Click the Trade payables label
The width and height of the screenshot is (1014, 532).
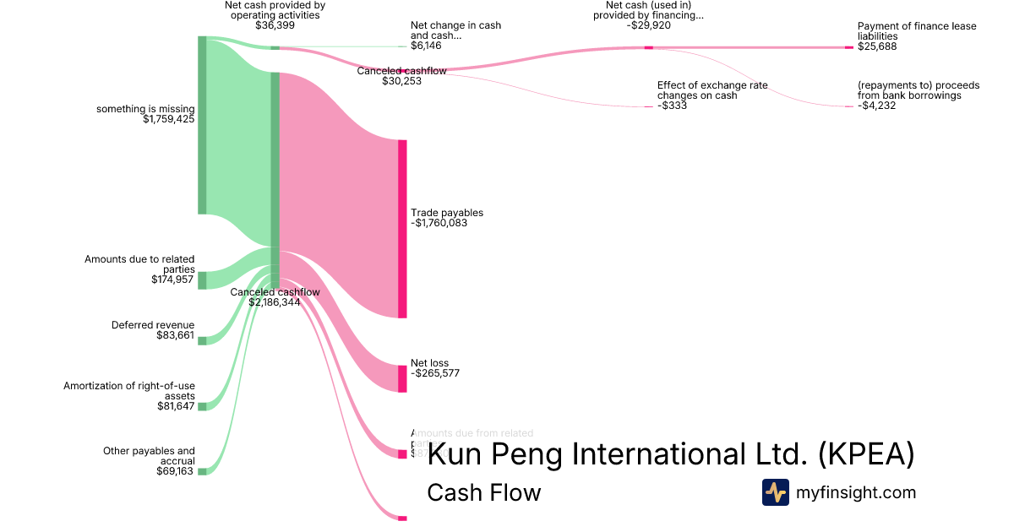click(x=446, y=213)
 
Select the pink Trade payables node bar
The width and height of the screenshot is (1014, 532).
click(x=402, y=228)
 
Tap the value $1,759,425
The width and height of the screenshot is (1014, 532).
click(x=169, y=120)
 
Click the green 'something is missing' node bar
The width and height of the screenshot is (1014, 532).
click(x=202, y=125)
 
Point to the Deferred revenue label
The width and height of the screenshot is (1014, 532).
click(x=153, y=325)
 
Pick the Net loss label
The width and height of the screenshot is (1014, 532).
click(x=429, y=363)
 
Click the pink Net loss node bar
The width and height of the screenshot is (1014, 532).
click(x=402, y=378)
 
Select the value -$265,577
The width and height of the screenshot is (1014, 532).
click(x=434, y=373)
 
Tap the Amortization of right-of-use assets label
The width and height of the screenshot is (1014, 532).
click(x=129, y=391)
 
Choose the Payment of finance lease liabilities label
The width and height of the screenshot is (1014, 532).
click(x=904, y=31)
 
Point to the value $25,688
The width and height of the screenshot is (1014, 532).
click(x=877, y=46)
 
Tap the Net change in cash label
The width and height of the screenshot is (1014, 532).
click(x=455, y=30)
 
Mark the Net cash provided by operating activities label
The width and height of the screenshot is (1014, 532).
click(x=275, y=9)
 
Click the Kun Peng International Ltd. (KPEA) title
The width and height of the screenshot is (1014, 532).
click(x=671, y=454)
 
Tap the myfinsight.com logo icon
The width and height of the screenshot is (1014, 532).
click(x=775, y=492)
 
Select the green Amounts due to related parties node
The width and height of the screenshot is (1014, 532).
click(x=202, y=280)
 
